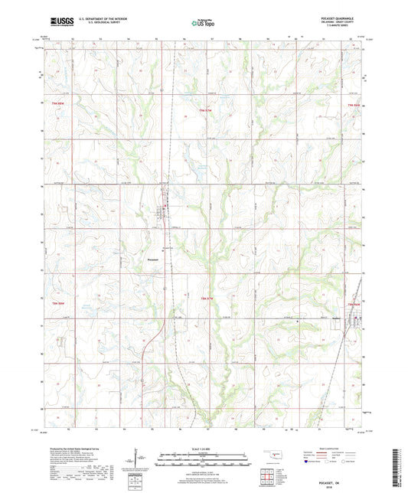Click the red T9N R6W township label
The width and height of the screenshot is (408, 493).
point(354,104)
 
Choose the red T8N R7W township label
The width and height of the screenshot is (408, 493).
point(205,297)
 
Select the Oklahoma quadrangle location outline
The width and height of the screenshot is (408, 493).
point(270,453)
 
